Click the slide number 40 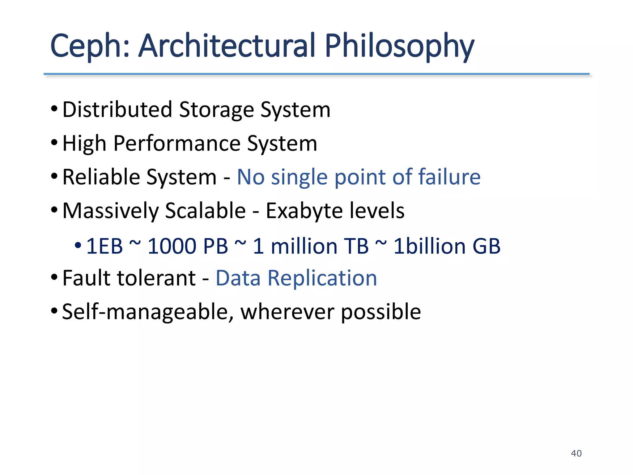(576, 453)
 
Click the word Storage (216, 110)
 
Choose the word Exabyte (304, 211)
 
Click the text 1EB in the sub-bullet (104, 246)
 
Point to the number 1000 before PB (172, 246)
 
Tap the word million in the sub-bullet (304, 246)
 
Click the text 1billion (429, 246)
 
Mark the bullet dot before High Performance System (54, 143)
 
